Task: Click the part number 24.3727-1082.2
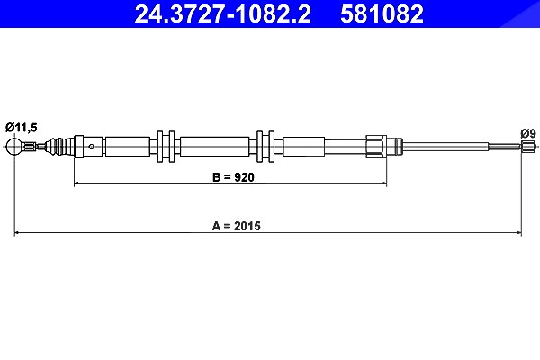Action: click(x=223, y=13)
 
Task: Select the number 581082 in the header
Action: click(x=382, y=13)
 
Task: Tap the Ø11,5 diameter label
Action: click(x=21, y=128)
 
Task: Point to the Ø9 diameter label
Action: click(x=528, y=133)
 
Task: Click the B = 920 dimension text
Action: click(x=233, y=177)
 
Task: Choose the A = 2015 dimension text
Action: click(x=237, y=226)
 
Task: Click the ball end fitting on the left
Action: click(x=14, y=147)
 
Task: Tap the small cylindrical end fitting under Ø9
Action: click(x=526, y=147)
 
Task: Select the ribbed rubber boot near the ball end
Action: click(x=59, y=147)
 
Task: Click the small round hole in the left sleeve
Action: click(x=91, y=147)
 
